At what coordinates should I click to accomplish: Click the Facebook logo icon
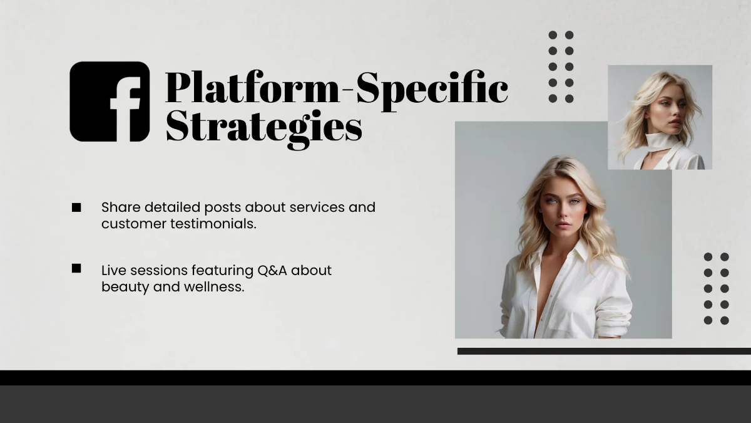pos(110,102)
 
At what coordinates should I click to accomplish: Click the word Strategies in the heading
pos(263,127)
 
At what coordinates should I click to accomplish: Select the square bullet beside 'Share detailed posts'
pos(76,207)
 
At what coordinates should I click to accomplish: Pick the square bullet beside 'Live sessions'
pos(76,268)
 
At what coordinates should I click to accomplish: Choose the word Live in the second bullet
pos(113,271)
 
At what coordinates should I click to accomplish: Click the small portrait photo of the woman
pos(660,117)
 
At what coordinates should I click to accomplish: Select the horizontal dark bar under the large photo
pos(604,351)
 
